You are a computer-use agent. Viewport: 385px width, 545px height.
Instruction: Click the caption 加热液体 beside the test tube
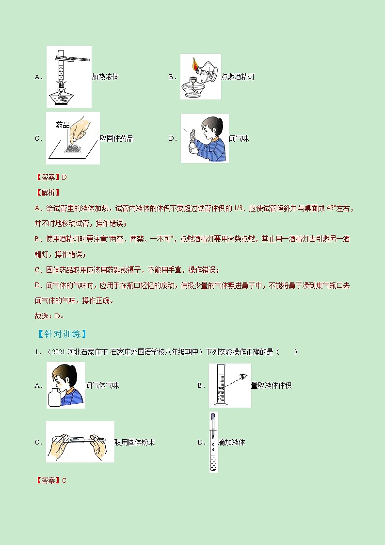pos(105,77)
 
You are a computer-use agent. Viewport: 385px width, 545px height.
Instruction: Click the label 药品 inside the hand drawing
pos(63,125)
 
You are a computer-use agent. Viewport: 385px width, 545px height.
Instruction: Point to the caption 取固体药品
pos(116,139)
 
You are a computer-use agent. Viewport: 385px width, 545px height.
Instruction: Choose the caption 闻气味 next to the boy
pos(239,138)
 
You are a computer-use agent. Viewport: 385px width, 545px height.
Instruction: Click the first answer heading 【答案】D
pos(51,177)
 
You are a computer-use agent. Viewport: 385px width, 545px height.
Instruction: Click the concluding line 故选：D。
pos(50,315)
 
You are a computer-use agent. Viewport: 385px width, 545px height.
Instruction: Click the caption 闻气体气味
pos(102,385)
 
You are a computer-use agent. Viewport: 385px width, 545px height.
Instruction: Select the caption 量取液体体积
pos(271,385)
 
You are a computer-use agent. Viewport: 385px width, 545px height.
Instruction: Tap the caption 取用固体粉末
pos(134,442)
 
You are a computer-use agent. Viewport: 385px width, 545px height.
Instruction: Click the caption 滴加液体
pos(232,442)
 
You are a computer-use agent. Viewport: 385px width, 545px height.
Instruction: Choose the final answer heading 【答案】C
pos(51,480)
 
